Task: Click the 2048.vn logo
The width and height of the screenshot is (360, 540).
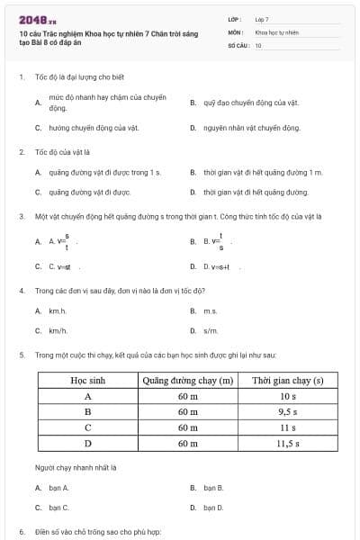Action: click(x=37, y=19)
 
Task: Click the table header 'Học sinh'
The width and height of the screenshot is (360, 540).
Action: click(x=88, y=381)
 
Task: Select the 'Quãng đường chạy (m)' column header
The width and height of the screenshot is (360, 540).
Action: click(x=188, y=381)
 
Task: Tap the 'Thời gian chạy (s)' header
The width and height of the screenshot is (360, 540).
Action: click(x=287, y=381)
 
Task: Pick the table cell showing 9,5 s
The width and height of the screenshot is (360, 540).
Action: click(x=287, y=411)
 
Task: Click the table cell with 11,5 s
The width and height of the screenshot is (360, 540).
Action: click(x=287, y=443)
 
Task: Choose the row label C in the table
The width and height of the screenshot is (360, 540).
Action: click(x=88, y=427)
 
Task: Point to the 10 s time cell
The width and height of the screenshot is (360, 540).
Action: click(x=287, y=396)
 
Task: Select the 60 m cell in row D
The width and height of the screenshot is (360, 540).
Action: click(x=188, y=443)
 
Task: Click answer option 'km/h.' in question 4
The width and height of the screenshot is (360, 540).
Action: click(x=58, y=330)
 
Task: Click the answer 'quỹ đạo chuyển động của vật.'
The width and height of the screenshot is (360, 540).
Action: click(x=250, y=103)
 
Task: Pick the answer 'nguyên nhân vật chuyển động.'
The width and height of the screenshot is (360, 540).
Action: click(x=251, y=128)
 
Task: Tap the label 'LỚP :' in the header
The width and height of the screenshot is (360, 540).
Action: click(x=235, y=19)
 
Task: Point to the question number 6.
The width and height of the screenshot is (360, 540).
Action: click(x=22, y=531)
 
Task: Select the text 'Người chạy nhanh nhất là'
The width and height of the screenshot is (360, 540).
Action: click(x=76, y=467)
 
